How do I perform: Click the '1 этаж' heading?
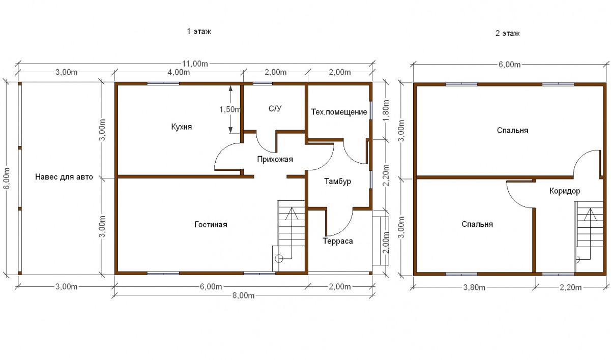[199, 32]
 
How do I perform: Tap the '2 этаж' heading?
[507, 34]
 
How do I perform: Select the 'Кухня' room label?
[182, 127]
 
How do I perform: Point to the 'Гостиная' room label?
[211, 224]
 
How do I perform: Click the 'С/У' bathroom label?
[275, 108]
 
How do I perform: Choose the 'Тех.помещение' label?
[339, 112]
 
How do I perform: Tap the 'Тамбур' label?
[337, 182]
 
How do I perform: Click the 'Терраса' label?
[338, 241]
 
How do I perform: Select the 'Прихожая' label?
[275, 159]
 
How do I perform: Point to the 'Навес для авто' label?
[64, 177]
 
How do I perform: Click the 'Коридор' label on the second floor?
[565, 191]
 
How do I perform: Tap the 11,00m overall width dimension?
[195, 64]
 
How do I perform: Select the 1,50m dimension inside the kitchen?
[229, 109]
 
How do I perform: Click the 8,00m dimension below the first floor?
[243, 295]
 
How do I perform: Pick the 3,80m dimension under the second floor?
[474, 287]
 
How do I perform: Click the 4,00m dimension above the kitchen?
[179, 72]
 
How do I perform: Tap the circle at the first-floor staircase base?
[279, 258]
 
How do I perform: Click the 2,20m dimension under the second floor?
[571, 287]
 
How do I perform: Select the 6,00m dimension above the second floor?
[510, 65]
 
